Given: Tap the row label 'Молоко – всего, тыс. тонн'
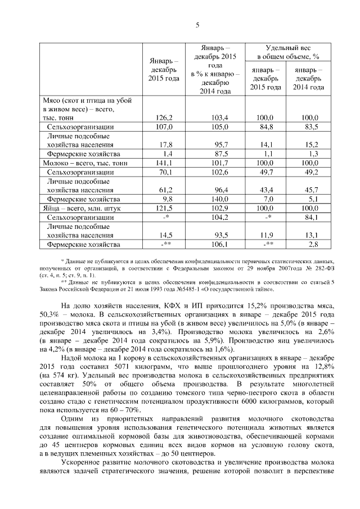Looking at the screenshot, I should [82, 163].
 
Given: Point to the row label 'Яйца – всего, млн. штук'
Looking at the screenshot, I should [78, 208].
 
